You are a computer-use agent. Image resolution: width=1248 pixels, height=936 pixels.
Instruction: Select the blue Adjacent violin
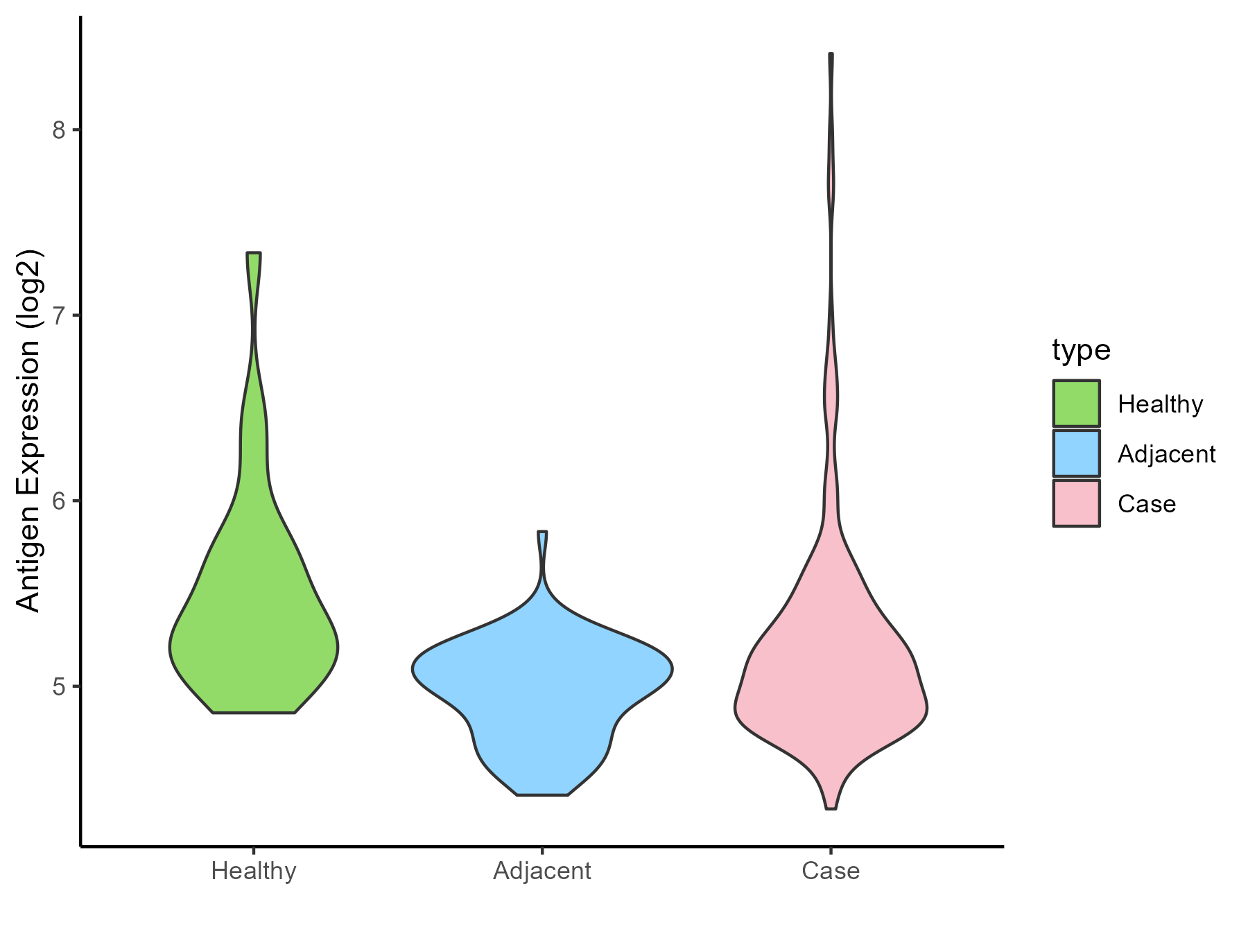(542, 693)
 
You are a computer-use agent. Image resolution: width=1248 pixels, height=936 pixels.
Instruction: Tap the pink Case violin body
(831, 693)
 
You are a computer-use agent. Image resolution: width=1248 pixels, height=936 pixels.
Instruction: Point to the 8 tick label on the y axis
(60, 130)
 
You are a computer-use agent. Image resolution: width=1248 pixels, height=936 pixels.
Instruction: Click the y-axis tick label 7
(60, 315)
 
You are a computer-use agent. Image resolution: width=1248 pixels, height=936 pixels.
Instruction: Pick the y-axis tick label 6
(60, 501)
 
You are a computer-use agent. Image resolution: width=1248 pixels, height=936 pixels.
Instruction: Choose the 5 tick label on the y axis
(60, 686)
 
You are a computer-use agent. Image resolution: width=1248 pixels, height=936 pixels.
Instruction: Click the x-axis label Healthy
(254, 871)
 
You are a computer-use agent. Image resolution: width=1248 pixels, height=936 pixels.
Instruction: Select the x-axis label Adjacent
(542, 871)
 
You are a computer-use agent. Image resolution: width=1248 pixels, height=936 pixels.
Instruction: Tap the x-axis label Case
(831, 871)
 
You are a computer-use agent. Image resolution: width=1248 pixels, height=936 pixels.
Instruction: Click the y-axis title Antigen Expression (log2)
(29, 430)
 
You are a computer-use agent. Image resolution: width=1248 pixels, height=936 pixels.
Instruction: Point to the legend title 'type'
(1081, 350)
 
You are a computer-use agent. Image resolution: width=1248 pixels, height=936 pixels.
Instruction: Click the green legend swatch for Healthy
(1076, 404)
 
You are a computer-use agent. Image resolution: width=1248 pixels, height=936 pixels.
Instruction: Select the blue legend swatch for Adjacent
(1076, 453)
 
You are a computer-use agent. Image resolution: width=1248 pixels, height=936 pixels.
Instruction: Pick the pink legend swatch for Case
(1076, 503)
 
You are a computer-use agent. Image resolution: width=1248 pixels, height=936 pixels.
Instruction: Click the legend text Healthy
(1160, 404)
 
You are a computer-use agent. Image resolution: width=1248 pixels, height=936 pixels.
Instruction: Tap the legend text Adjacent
(1166, 454)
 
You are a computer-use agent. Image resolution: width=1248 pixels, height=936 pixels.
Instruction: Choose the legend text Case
(1146, 504)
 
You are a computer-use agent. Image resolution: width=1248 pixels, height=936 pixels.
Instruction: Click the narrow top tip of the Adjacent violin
(542, 533)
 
